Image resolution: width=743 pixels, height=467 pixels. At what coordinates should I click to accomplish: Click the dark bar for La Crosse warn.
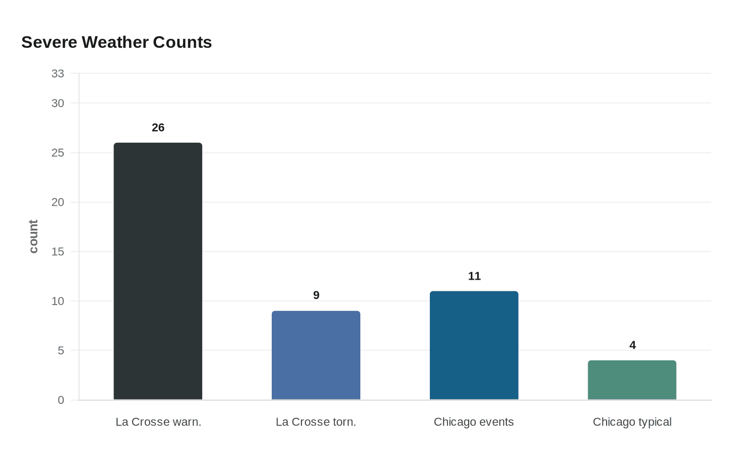pos(158,271)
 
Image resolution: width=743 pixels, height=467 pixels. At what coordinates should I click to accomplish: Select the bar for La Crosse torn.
pos(316,355)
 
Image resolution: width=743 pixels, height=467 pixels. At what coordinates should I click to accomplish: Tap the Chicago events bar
pos(474,345)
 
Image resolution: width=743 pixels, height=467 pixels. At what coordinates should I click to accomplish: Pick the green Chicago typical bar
pos(632,380)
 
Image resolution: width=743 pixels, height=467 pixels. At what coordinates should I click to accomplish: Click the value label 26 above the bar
pos(158,127)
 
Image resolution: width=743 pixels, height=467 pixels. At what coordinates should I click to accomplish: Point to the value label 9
pos(316,295)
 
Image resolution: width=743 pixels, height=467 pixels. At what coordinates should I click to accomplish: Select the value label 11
pos(474,276)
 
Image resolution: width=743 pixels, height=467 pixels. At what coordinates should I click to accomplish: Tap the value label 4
pos(632,345)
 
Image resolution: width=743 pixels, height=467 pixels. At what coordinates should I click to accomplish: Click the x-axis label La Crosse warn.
pos(158,422)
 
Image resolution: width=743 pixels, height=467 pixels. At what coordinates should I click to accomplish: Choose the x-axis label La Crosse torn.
pos(316,422)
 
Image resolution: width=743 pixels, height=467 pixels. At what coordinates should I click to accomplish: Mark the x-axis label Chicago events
pos(473,422)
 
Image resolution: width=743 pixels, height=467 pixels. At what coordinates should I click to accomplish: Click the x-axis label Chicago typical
pos(632,422)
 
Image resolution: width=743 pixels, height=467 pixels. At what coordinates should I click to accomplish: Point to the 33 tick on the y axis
pos(58,74)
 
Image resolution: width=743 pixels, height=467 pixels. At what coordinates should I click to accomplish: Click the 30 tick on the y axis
pos(58,103)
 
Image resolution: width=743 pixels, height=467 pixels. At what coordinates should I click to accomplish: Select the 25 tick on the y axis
pos(58,153)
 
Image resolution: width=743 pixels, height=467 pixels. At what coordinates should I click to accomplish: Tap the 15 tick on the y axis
pos(58,252)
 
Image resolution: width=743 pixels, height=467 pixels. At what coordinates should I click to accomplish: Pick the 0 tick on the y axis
pos(61,400)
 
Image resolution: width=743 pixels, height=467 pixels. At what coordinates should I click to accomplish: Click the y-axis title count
pos(33,237)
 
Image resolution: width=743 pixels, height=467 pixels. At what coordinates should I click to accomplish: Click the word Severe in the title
pos(49,42)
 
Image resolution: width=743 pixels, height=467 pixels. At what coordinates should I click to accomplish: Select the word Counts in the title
pos(182,42)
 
